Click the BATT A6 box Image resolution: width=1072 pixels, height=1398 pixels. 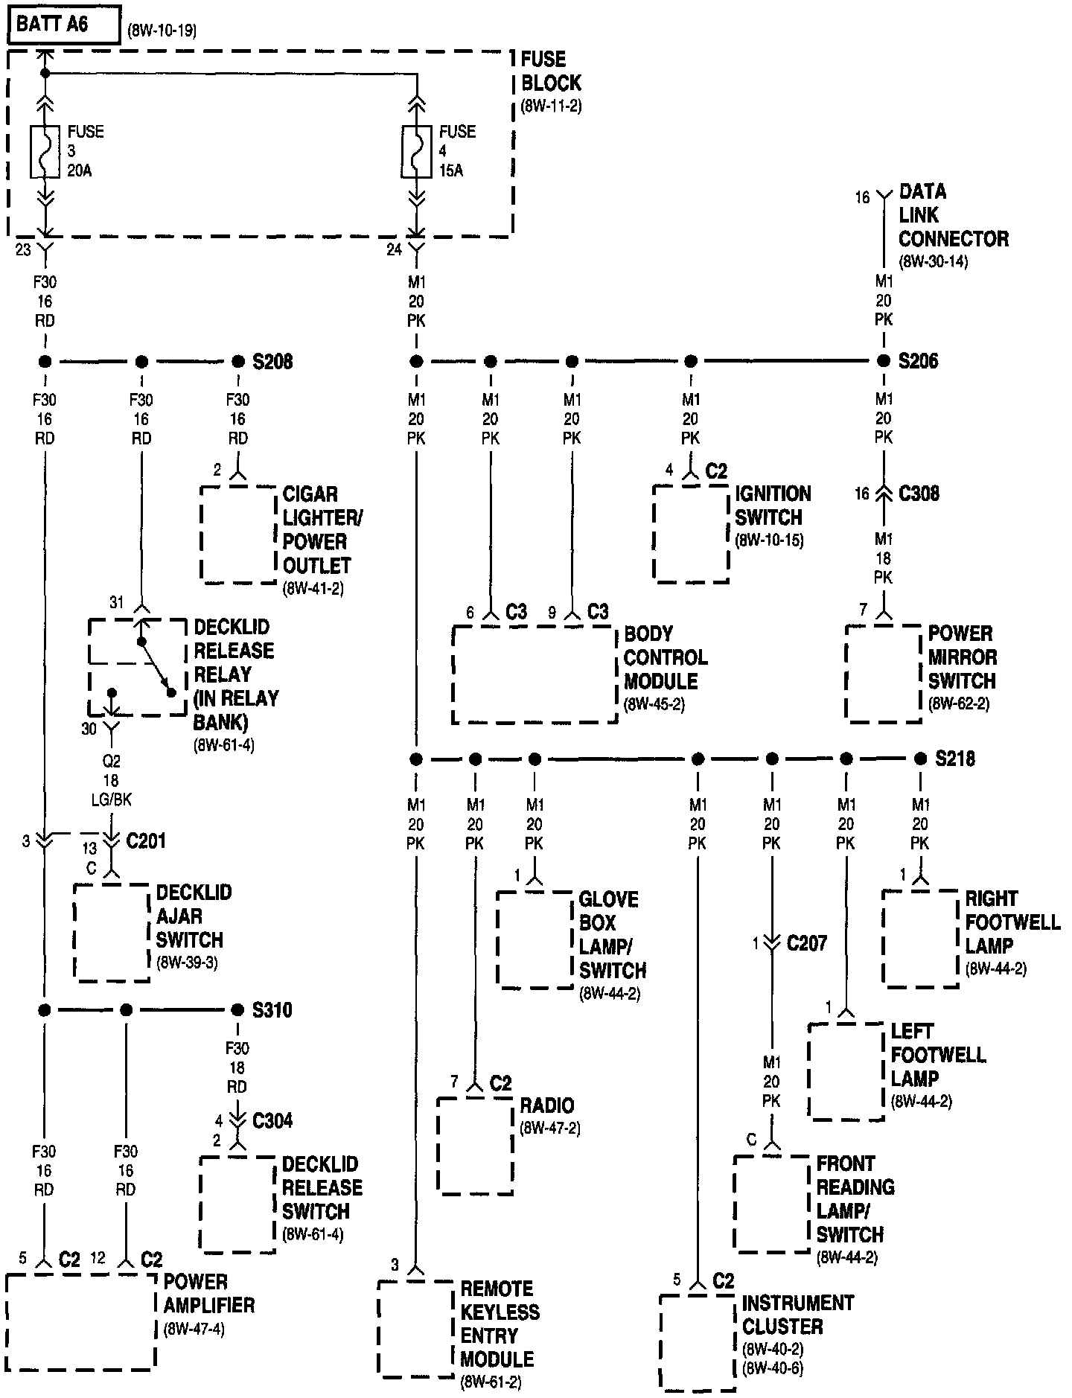64,25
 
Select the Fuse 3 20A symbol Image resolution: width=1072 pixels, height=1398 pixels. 45,152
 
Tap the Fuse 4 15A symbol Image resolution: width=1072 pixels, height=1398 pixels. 416,152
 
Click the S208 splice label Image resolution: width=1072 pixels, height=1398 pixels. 272,362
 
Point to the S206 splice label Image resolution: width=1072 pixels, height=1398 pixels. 918,362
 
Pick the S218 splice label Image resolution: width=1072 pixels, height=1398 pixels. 955,759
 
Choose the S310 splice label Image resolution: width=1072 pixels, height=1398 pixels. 272,1010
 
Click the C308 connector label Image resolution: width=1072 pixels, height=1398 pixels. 919,494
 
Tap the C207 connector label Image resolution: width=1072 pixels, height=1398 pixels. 807,943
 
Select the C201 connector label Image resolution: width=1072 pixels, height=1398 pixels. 146,841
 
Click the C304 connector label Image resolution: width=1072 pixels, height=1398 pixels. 272,1120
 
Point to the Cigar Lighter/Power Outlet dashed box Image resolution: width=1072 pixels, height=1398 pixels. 238,534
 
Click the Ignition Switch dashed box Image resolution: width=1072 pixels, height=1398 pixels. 690,534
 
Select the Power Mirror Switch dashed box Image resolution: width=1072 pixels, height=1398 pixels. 883,674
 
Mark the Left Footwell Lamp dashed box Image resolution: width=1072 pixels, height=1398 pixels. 846,1071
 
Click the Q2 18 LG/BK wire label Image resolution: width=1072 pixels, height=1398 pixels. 111,781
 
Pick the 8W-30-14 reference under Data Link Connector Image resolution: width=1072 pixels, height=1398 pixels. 933,262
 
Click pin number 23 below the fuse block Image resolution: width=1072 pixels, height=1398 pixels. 23,250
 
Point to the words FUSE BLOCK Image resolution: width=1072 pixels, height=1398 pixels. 551,71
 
